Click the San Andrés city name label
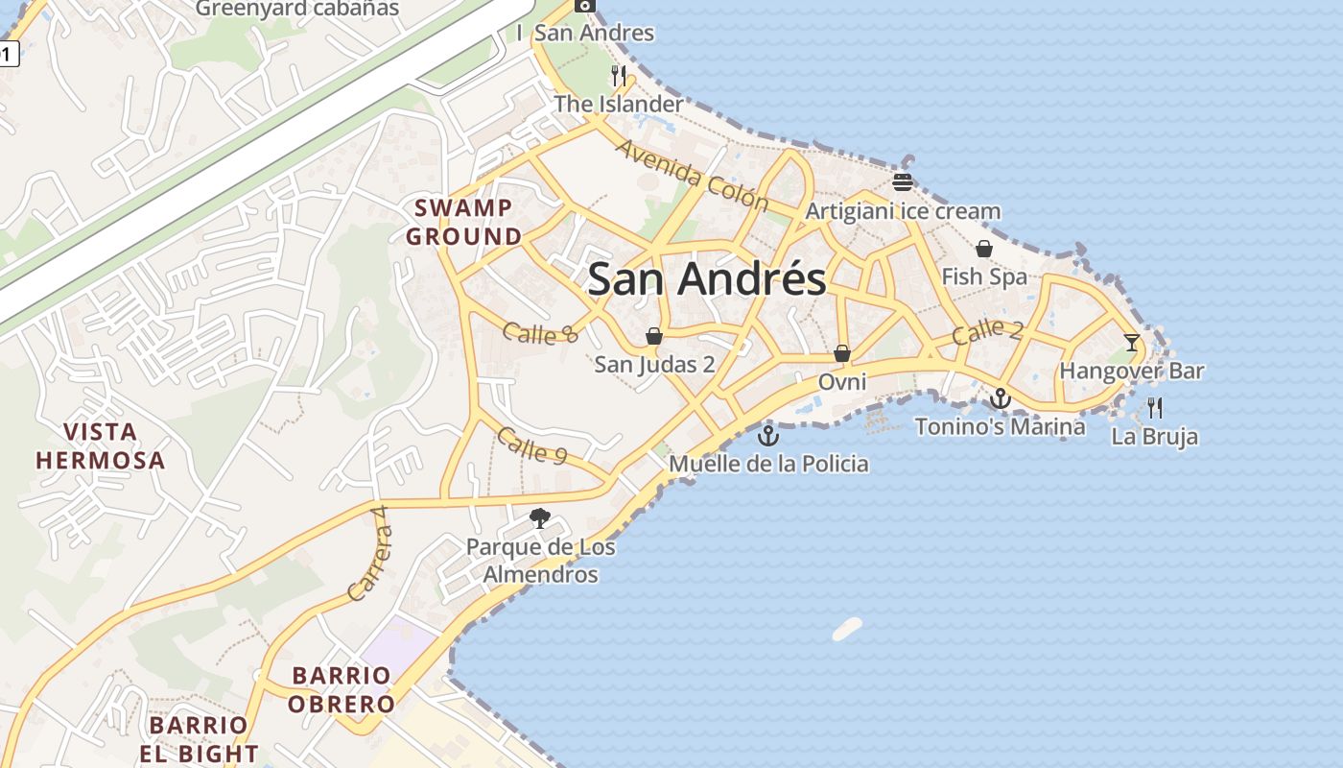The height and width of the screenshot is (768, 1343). click(x=706, y=279)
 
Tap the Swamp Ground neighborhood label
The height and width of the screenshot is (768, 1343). click(x=463, y=222)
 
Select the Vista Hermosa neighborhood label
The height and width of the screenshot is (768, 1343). click(x=101, y=445)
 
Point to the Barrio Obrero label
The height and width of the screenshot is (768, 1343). click(x=342, y=689)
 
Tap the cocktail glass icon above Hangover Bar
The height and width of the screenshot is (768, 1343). click(x=1132, y=342)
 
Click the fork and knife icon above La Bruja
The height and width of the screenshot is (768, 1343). click(x=1155, y=408)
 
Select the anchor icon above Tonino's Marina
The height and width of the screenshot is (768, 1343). click(x=1001, y=397)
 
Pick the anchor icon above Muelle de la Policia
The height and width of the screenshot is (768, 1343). click(x=767, y=436)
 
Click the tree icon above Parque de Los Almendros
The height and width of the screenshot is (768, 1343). click(x=540, y=518)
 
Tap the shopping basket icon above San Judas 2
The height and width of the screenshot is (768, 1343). click(x=654, y=336)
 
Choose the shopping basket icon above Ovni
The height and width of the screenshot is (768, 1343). click(x=842, y=353)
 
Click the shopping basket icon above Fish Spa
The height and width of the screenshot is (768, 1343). click(x=984, y=249)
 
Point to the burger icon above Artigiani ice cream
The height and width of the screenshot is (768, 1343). click(x=902, y=182)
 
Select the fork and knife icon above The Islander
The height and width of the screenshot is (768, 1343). click(x=619, y=75)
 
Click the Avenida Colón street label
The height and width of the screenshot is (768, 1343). click(x=692, y=176)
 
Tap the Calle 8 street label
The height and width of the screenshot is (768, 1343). click(x=541, y=333)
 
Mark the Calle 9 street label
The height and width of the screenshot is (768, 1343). click(x=530, y=444)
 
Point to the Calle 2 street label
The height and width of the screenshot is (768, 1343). click(x=987, y=332)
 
